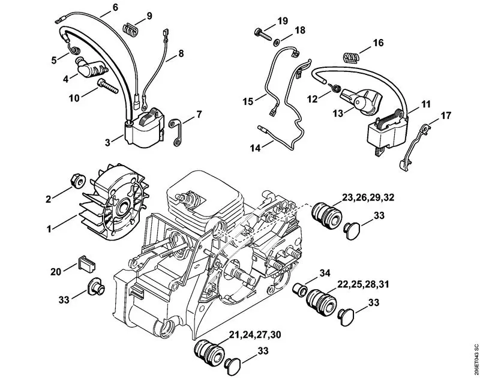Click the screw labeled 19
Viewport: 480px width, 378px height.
pos(262,31)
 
